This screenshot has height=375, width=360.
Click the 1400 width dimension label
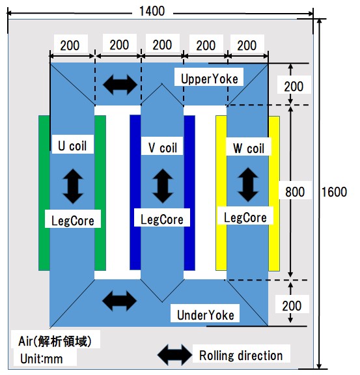(152, 11)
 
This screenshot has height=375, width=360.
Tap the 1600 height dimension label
(334, 192)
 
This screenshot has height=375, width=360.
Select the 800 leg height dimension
(295, 192)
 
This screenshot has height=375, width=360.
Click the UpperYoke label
(210, 79)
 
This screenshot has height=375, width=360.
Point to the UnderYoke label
(206, 315)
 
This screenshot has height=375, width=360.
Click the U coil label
(72, 146)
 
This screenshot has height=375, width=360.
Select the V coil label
(162, 148)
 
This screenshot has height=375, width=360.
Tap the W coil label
(249, 148)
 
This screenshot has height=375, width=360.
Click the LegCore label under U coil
(73, 221)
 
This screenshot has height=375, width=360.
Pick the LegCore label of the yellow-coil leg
(245, 217)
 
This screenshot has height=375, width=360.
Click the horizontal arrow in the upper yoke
(120, 85)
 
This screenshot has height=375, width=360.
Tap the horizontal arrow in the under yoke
(119, 301)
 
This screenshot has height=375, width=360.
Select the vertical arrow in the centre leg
(163, 186)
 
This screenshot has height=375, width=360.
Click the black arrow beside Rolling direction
(175, 355)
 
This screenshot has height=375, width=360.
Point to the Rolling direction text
(241, 355)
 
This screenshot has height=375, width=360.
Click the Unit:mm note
(42, 359)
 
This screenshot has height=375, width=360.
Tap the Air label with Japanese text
(55, 341)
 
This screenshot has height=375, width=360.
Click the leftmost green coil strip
(44, 193)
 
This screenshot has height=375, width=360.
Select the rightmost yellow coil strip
(274, 194)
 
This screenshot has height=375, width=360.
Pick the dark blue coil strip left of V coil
(135, 192)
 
